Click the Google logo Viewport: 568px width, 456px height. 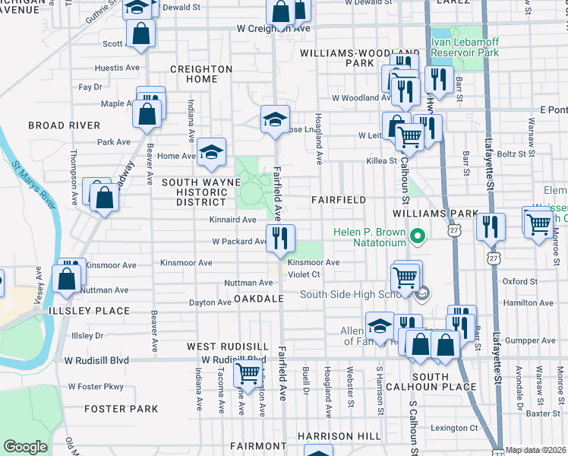point(25,447)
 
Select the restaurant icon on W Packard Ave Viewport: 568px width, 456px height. point(279,238)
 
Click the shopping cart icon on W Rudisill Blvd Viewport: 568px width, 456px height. point(248,373)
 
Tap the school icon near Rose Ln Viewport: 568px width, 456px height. point(275,118)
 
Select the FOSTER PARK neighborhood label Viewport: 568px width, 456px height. point(121,409)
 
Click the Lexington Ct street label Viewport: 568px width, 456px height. point(454,428)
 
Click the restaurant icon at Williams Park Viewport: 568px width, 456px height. point(491,226)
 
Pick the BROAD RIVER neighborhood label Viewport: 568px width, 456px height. point(64,125)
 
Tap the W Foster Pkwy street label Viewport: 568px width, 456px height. point(96,386)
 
